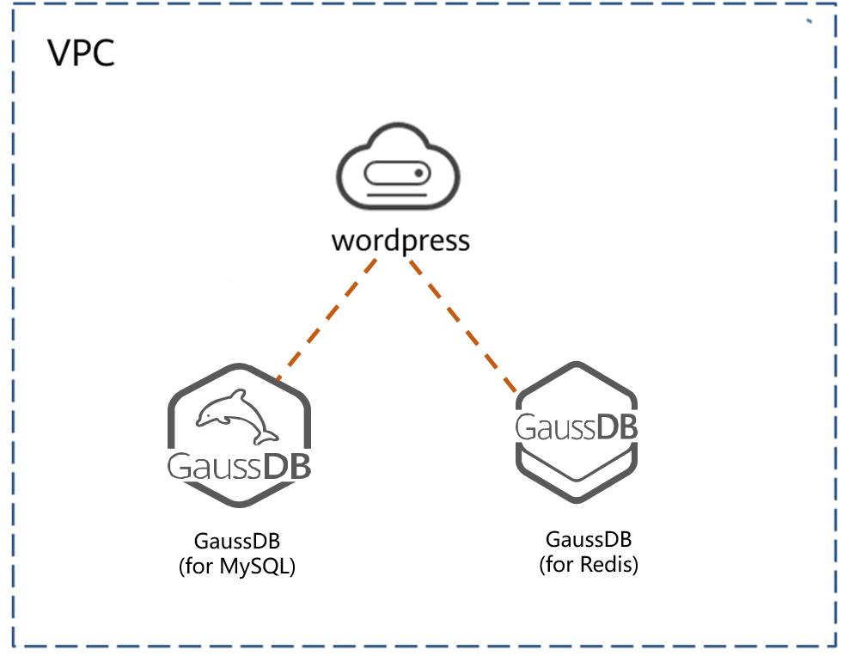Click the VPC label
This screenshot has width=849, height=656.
pos(82,52)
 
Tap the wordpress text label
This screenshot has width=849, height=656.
pos(400,241)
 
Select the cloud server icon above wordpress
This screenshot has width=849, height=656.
pos(398,166)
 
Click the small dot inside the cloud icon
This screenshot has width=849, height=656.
pos(418,174)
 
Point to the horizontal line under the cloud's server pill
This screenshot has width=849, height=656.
pos(397,194)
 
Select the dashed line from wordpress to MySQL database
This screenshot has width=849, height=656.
pos(326,320)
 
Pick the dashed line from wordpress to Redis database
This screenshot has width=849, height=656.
pos(463,326)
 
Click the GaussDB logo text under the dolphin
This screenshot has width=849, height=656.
pos(239,466)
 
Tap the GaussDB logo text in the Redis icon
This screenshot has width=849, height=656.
pos(576,426)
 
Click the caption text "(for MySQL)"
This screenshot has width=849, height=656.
pos(237,566)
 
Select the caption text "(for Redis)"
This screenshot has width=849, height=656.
pos(589,565)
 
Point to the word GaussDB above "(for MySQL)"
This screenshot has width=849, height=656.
pos(237,541)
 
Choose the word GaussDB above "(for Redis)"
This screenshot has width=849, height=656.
pos(589,539)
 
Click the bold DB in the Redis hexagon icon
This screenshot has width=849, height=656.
pos(616,426)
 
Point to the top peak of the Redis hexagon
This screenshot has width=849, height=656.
pos(576,364)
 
